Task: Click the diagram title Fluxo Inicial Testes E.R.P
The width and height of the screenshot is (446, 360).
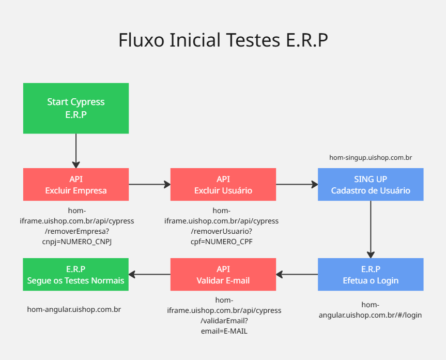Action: pos(223,40)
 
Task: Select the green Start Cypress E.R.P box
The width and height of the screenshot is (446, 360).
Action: pos(76,108)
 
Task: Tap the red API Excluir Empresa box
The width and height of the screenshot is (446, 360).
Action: pos(76,185)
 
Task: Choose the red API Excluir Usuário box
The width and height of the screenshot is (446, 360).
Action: pos(223,185)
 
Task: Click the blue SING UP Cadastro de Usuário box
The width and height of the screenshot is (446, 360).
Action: pos(371,185)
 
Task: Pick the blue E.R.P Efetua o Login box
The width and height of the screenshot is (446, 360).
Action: pos(371,275)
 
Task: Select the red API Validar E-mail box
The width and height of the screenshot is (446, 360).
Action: pos(223,275)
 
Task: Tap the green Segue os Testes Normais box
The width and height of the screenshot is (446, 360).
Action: pos(76,275)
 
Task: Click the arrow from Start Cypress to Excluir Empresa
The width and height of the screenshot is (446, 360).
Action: pos(76,151)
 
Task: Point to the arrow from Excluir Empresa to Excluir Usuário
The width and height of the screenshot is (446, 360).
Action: pos(149,184)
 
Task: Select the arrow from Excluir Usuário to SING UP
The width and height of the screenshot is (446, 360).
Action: pos(297,184)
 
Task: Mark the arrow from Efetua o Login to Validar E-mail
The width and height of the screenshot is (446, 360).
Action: pos(297,274)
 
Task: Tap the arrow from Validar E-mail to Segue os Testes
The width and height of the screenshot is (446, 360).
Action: pos(149,274)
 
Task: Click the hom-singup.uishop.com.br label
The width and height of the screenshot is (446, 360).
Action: pos(371,157)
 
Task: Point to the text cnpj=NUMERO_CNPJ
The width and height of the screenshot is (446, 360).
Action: pos(76,241)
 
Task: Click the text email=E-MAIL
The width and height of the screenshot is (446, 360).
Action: pos(224,331)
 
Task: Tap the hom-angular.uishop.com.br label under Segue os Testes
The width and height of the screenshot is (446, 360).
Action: pos(74,309)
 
